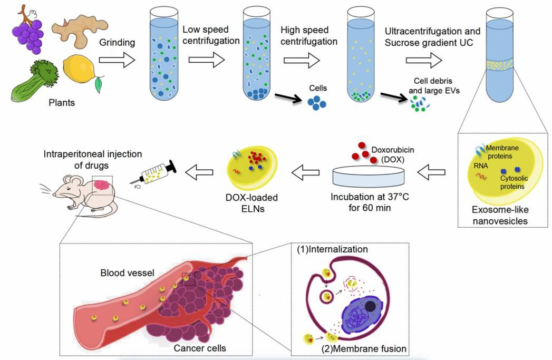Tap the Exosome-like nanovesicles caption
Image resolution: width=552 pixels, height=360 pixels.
coord(498,216)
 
